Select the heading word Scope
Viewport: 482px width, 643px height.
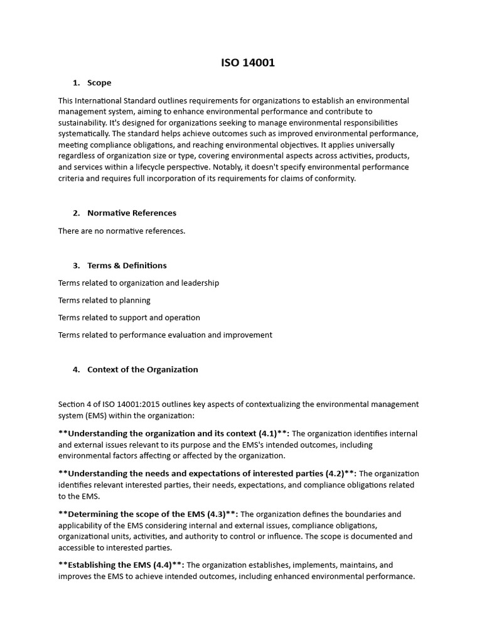99,83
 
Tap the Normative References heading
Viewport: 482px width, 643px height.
132,213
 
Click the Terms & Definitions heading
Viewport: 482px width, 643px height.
127,265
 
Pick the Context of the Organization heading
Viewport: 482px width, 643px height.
142,369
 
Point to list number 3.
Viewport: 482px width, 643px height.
76,265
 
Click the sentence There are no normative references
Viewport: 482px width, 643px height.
122,230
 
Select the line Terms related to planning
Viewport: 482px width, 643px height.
104,300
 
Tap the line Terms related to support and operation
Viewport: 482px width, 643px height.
129,317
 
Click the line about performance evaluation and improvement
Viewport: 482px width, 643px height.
165,335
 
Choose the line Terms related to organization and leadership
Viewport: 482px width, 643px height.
139,283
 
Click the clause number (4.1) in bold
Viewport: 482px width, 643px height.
269,433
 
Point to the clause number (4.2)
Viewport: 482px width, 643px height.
336,473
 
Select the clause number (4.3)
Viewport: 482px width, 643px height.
211,514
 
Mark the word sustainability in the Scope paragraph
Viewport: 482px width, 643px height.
80,123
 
